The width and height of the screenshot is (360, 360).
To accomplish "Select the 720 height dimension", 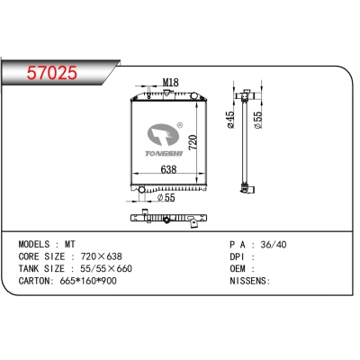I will (190, 141).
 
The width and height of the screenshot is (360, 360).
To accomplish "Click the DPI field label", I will (238, 256).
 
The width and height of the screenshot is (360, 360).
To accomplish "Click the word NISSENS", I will (249, 282).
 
